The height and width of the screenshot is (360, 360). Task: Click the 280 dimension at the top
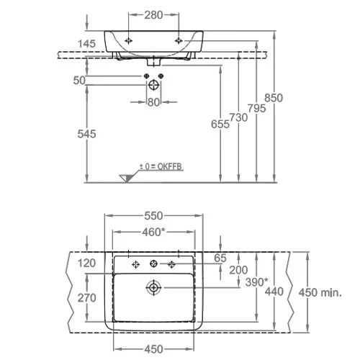click(153, 15)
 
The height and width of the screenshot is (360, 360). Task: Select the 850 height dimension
click(274, 98)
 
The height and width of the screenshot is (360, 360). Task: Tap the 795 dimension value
click(257, 108)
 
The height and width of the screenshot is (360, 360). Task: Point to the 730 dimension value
click(238, 117)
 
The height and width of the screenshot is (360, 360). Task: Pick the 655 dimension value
click(220, 124)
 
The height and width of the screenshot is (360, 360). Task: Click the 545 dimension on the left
click(86, 134)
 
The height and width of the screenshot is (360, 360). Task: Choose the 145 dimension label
click(86, 44)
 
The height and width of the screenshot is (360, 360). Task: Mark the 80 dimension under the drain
click(153, 102)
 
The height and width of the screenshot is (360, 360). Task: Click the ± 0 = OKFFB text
click(161, 166)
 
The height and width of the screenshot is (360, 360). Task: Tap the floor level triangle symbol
click(126, 178)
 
